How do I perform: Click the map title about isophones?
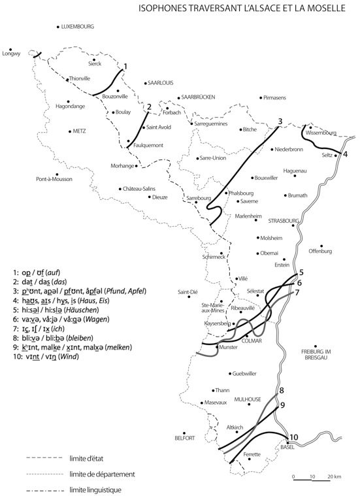coord(247,10)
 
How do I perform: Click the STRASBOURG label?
coord(284,220)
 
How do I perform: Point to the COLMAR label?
coord(252,341)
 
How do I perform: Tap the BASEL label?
coord(288,448)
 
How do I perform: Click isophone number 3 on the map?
coord(280,121)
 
